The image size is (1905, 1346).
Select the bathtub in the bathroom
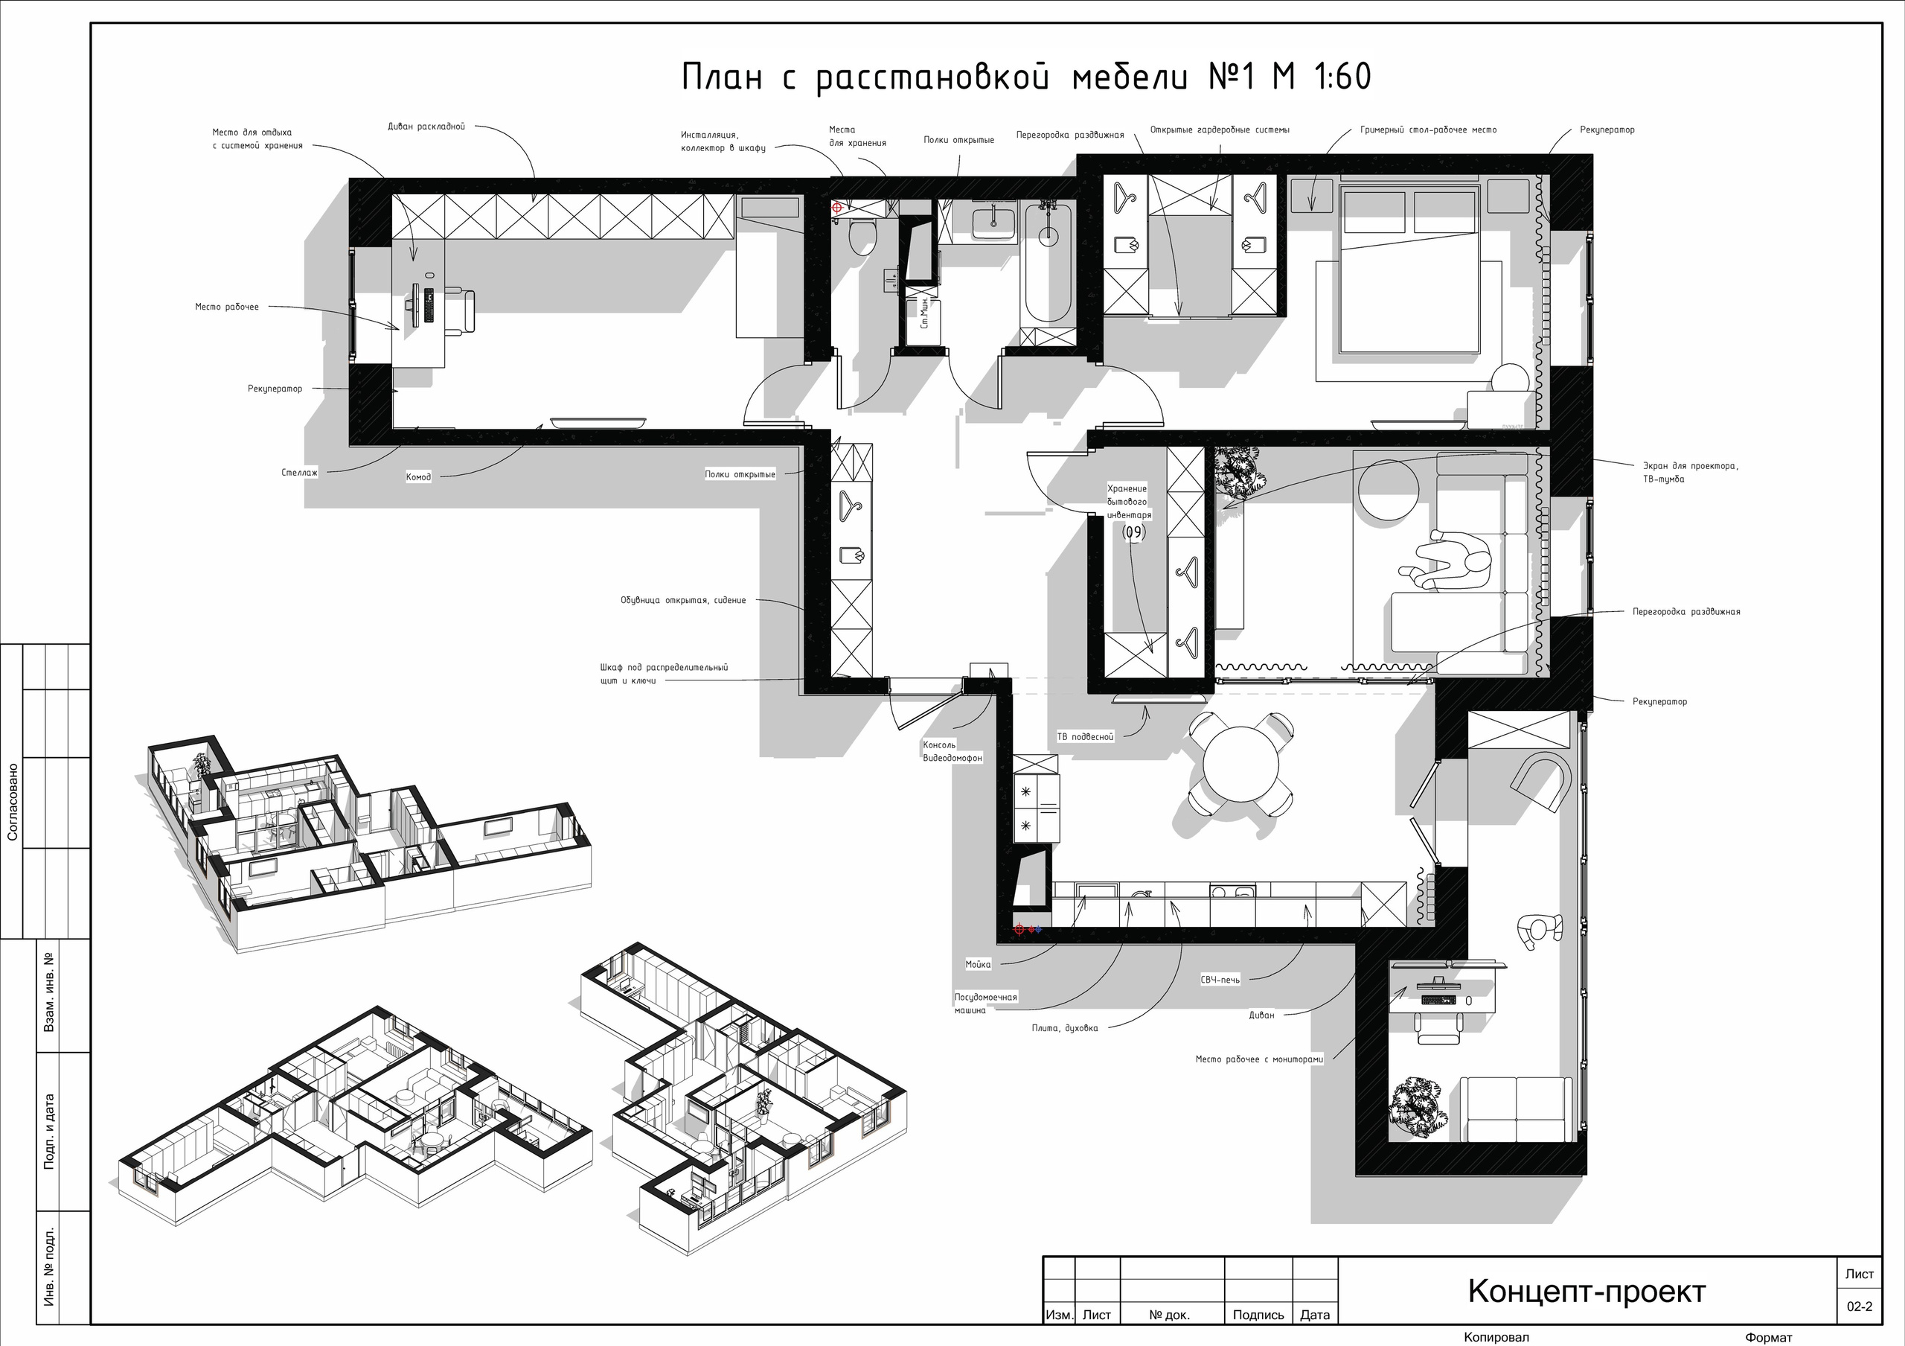click(x=1048, y=263)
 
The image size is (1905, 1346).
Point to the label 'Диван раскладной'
click(x=426, y=127)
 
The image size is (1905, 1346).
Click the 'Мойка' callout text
click(x=977, y=964)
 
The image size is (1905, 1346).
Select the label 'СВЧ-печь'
click(x=1220, y=980)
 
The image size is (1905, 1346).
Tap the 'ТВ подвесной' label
click(x=1085, y=736)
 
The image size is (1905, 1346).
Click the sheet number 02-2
click(x=1860, y=1306)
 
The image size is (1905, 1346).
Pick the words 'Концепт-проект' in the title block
click(x=1587, y=1291)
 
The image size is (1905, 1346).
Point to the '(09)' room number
click(x=1133, y=532)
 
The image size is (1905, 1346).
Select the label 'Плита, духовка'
click(x=1065, y=1028)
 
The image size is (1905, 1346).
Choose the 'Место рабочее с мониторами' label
click(x=1258, y=1059)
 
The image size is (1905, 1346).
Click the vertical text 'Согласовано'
click(x=13, y=802)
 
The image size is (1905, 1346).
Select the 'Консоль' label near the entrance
click(x=939, y=744)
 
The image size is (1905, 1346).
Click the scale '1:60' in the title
click(x=1343, y=77)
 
